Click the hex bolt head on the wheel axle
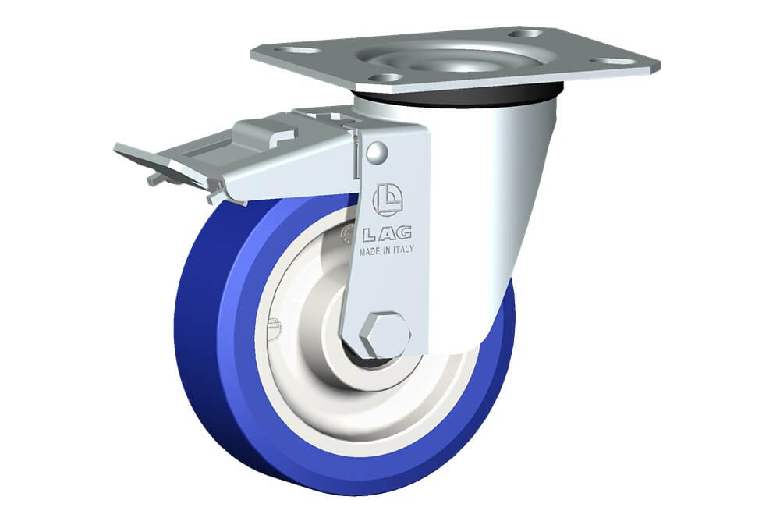click(x=385, y=335)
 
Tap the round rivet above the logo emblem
click(x=377, y=153)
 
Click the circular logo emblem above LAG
click(x=388, y=200)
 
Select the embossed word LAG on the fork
click(x=387, y=233)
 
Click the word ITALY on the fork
click(x=404, y=250)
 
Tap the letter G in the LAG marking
click(x=403, y=232)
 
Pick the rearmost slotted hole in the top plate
click(x=526, y=34)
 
